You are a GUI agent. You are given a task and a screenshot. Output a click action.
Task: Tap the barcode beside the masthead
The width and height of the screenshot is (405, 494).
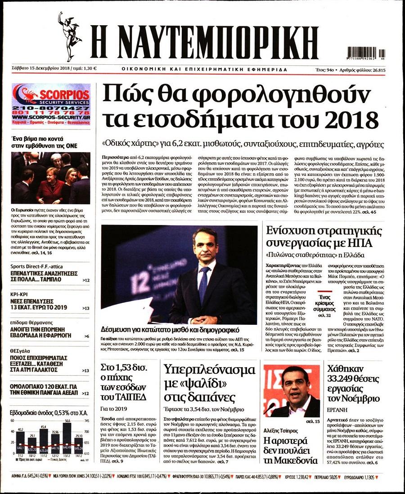(365, 53)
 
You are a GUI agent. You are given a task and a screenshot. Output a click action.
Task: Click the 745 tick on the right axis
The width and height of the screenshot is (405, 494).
(86, 421)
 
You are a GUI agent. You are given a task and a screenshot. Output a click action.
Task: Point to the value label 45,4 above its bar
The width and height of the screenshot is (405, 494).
(44, 427)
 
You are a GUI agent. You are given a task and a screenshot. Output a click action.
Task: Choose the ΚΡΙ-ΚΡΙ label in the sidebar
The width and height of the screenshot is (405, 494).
(20, 293)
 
